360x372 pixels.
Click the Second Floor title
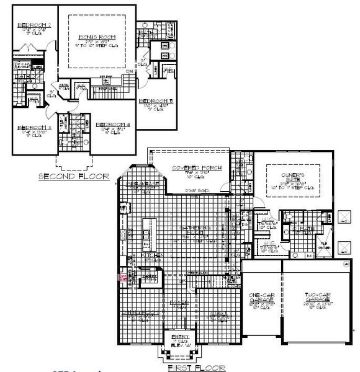[74, 176]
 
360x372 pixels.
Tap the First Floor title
[197, 367]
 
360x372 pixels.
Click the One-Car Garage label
[261, 296]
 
